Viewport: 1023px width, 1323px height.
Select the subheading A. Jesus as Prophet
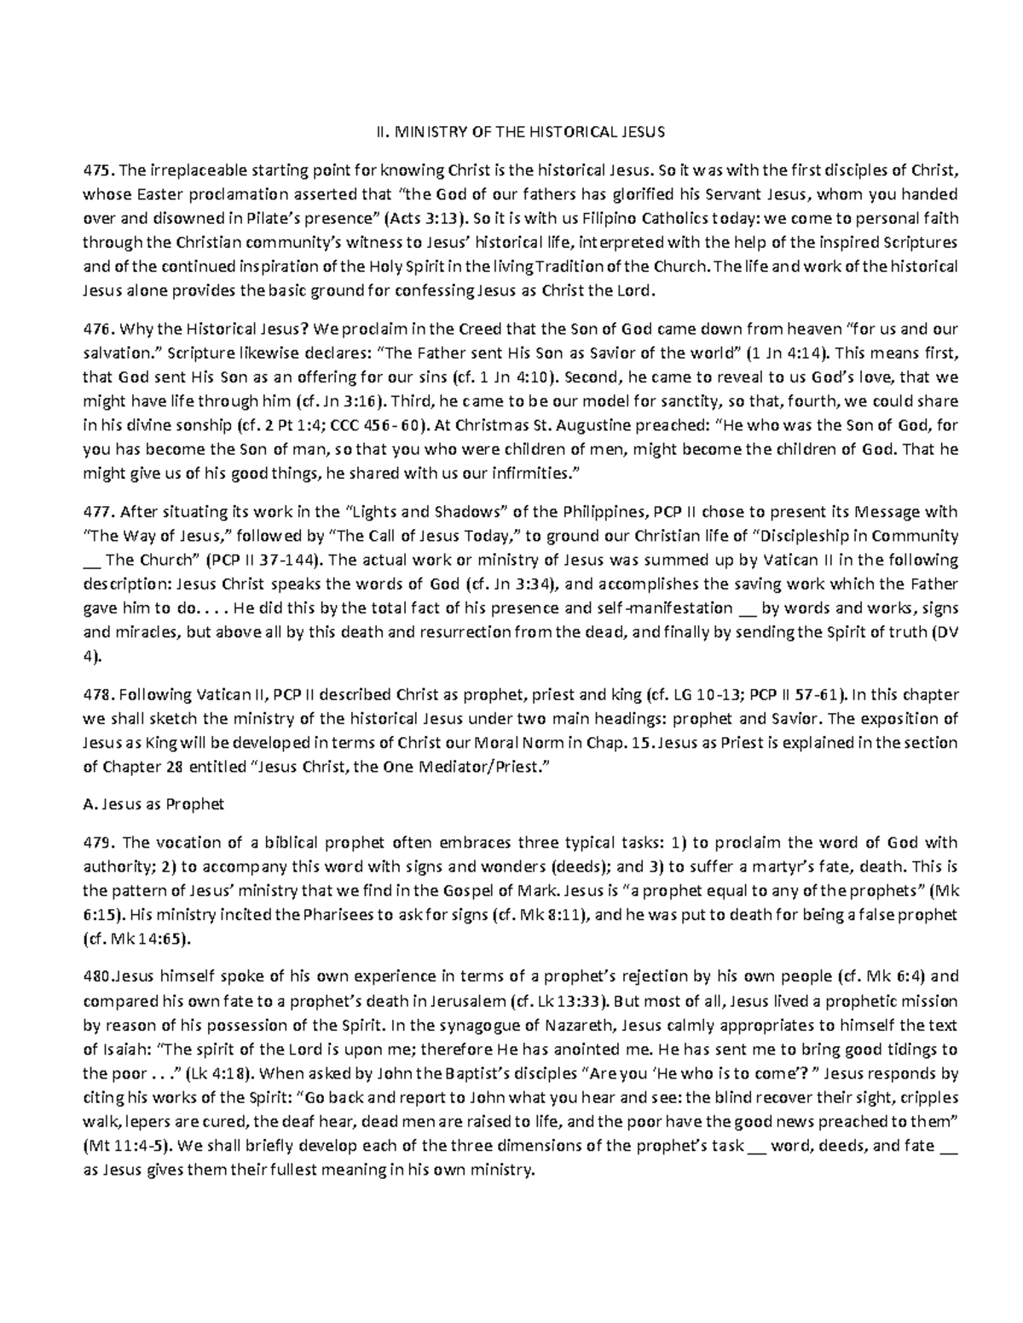tap(153, 804)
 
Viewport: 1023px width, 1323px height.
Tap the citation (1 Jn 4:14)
tap(793, 353)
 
